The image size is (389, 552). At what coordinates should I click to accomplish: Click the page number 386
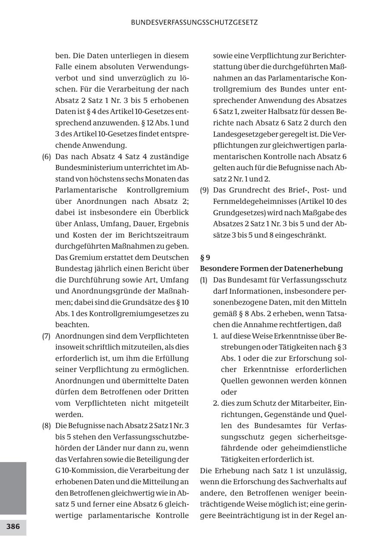13,527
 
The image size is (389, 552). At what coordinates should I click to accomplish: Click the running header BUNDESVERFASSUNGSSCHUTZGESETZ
194,22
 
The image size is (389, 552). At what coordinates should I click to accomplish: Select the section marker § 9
205,258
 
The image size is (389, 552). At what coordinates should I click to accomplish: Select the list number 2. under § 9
216,404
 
